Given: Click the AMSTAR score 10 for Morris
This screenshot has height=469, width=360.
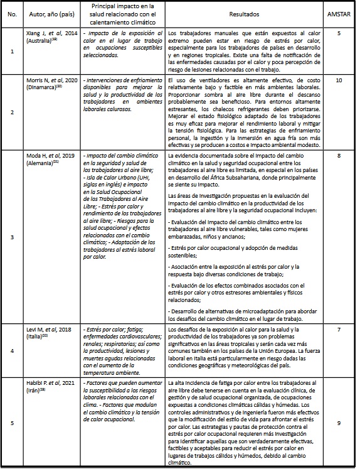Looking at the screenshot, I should click(338, 81).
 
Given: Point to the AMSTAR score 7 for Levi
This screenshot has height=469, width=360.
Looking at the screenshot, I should click(338, 330).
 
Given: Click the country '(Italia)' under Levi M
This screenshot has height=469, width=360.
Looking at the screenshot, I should click(35, 337).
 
